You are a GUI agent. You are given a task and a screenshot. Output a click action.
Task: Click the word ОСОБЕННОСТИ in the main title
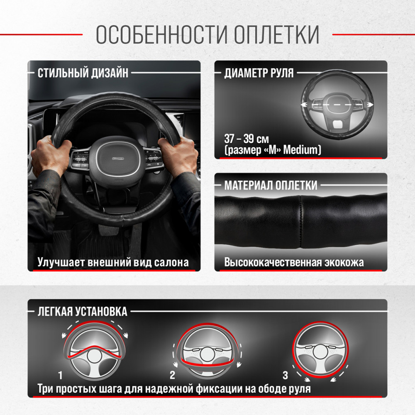(161, 35)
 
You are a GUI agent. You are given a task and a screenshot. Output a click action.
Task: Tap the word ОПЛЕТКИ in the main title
(276, 35)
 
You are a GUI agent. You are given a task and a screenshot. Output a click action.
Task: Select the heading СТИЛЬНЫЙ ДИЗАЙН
(83, 73)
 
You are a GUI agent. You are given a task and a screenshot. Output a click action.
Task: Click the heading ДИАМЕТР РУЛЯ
(259, 73)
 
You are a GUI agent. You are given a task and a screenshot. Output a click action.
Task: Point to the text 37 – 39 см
(247, 139)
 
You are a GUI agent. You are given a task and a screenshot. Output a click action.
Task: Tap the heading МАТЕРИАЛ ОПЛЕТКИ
(271, 185)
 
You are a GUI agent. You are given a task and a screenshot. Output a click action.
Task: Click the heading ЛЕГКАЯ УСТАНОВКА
(82, 312)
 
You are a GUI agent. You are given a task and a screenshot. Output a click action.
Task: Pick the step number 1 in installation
(60, 375)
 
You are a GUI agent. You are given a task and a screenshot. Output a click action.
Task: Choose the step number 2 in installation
(172, 375)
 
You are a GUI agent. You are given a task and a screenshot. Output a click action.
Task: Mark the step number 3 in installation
(285, 375)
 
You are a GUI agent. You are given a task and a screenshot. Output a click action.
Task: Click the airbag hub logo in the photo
(118, 159)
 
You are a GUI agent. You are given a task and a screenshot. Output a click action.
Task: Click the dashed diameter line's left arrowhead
(304, 105)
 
